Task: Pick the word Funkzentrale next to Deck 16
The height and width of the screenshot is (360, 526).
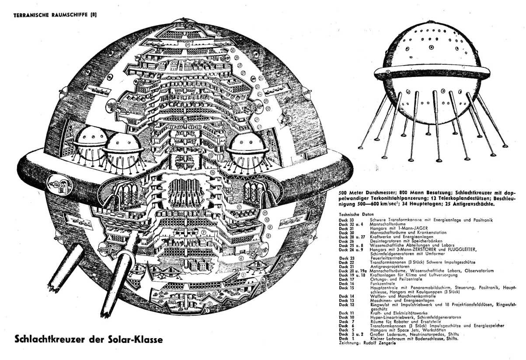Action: click(383, 283)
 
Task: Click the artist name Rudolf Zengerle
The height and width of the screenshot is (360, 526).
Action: click(379, 344)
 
